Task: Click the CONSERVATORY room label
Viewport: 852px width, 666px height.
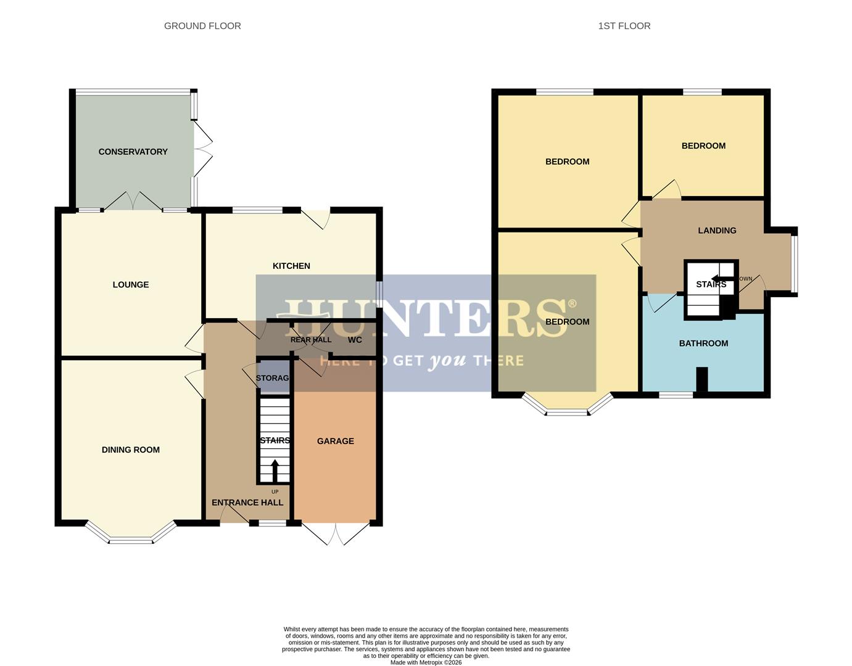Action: [x=133, y=152]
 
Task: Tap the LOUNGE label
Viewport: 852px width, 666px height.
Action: [x=131, y=284]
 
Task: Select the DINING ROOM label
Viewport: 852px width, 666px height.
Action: [x=131, y=450]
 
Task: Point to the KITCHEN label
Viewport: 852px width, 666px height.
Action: [x=291, y=266]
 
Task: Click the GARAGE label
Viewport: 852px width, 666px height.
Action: [x=336, y=441]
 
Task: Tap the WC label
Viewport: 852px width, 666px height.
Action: [x=355, y=340]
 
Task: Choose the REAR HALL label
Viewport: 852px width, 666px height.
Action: [x=311, y=340]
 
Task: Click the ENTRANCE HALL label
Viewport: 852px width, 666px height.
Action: [x=247, y=503]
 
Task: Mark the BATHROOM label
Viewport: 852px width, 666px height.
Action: [x=703, y=343]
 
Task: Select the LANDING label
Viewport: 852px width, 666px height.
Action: [x=717, y=231]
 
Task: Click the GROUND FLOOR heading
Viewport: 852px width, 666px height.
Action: [x=202, y=26]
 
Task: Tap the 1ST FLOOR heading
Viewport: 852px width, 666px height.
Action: [x=624, y=26]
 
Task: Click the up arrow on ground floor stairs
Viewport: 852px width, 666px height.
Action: [x=275, y=470]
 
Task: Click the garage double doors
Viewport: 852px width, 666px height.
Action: [x=336, y=534]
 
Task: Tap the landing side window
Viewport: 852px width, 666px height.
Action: [x=795, y=261]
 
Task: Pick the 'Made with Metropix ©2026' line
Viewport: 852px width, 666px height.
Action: [x=426, y=662]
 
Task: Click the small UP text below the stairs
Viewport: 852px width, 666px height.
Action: [x=275, y=491]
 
